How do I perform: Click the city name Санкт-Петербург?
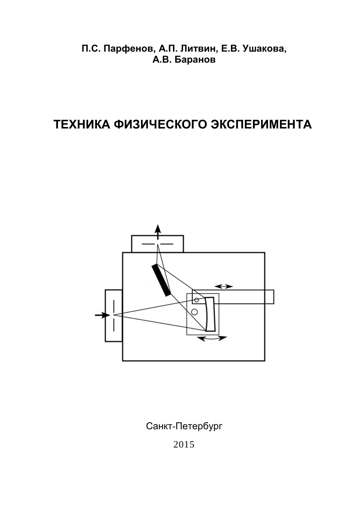(x=184, y=426)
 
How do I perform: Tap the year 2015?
(x=184, y=445)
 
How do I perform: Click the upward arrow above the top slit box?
(x=158, y=231)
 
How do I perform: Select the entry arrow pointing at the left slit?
(x=102, y=315)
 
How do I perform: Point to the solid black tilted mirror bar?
(x=162, y=280)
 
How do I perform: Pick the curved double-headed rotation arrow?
(x=212, y=338)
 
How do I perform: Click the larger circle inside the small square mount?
(x=195, y=312)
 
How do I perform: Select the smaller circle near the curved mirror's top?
(x=197, y=300)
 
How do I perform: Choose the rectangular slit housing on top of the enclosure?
(x=158, y=244)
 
